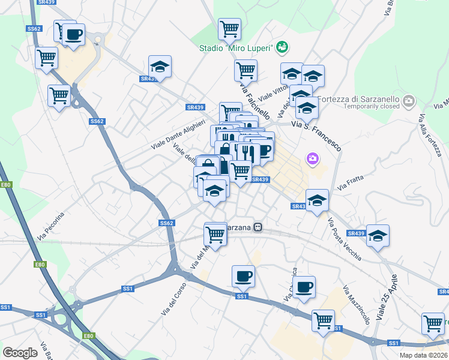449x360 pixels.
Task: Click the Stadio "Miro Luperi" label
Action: click(x=237, y=47)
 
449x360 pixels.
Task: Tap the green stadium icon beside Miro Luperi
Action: click(x=283, y=47)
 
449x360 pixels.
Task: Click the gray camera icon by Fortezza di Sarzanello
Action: click(x=409, y=100)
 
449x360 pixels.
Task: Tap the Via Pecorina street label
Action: click(x=54, y=222)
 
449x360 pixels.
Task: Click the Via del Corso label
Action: click(x=170, y=298)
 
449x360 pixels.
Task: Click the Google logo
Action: click(x=20, y=353)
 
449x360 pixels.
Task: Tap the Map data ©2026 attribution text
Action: click(x=423, y=355)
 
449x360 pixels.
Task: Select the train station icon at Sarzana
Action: click(x=258, y=227)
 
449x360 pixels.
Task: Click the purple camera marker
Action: click(x=313, y=158)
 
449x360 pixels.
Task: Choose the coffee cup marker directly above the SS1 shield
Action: click(x=243, y=277)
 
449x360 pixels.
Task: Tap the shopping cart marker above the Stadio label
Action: click(x=229, y=28)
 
